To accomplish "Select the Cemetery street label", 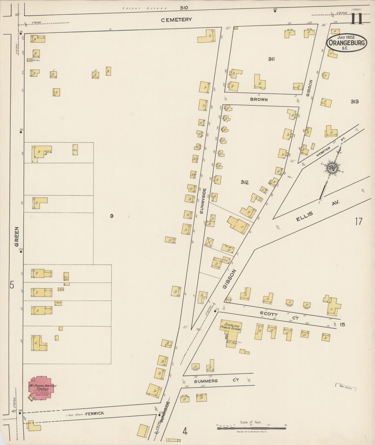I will pyautogui.click(x=176, y=19).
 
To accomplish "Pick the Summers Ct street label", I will pyautogui.click(x=216, y=381).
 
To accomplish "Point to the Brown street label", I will pyautogui.click(x=259, y=99).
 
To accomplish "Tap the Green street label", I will pyautogui.click(x=17, y=237).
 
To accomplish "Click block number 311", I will pyautogui.click(x=271, y=59).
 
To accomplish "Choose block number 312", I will pyautogui.click(x=244, y=182).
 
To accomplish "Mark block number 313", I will pyautogui.click(x=354, y=102).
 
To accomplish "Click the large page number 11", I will pyautogui.click(x=357, y=19).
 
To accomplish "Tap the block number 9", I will pyautogui.click(x=111, y=216).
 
